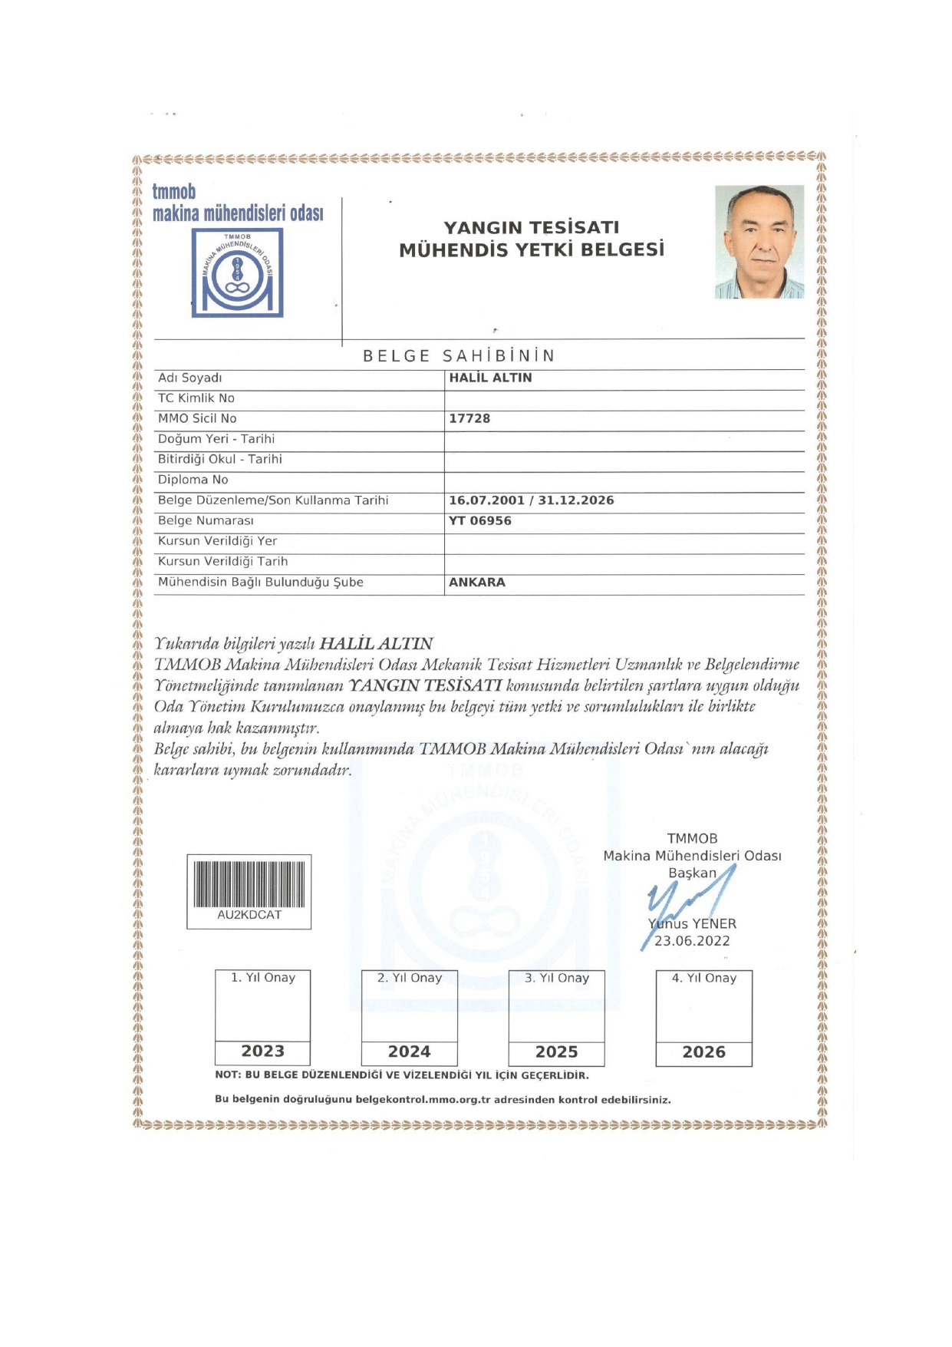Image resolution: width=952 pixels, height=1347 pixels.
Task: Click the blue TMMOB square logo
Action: [237, 272]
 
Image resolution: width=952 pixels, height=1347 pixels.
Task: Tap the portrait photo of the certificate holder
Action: [759, 242]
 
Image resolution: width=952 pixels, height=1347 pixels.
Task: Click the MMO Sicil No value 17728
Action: [469, 418]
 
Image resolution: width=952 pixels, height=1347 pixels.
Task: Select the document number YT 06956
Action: [480, 520]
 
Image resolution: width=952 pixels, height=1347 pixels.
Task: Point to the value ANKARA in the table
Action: [477, 582]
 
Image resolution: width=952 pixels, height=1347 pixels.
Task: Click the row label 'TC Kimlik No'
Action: [196, 398]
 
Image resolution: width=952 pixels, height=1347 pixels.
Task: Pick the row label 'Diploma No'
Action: [193, 480]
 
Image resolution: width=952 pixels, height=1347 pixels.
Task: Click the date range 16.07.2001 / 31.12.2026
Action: [532, 500]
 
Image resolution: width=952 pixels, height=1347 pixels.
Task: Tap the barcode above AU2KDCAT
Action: [249, 884]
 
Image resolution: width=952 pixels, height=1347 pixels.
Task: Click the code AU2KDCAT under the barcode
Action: [249, 915]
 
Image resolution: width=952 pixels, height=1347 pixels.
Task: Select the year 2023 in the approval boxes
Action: [263, 1052]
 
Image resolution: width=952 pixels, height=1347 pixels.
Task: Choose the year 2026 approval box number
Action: [704, 1052]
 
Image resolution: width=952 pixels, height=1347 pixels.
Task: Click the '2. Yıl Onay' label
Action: [410, 978]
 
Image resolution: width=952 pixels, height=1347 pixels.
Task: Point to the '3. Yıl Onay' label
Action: [557, 978]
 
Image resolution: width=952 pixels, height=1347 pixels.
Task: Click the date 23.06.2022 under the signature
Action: [692, 941]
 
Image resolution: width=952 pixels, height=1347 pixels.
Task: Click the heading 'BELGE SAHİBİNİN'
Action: [459, 356]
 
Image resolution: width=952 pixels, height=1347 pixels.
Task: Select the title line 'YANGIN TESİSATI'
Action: [531, 227]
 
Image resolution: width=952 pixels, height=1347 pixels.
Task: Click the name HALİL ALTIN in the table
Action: [490, 378]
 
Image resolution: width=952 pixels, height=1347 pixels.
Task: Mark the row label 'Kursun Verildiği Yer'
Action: [218, 541]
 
